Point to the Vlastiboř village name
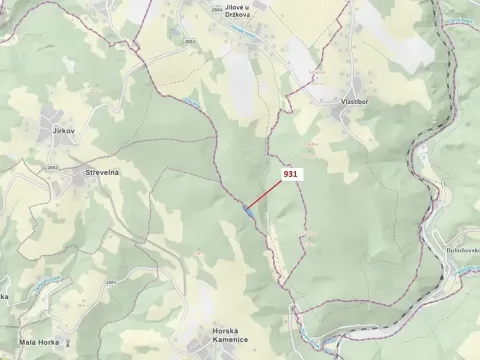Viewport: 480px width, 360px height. pos(355,101)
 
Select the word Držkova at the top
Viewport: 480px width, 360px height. pos(238,14)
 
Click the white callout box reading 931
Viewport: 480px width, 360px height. pos(291,174)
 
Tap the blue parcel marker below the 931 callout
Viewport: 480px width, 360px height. pos(246,210)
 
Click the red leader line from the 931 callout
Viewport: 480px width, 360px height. pos(263,194)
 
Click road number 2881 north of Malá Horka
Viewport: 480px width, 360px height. pos(108,283)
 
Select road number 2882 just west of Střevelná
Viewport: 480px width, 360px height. pos(54,167)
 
